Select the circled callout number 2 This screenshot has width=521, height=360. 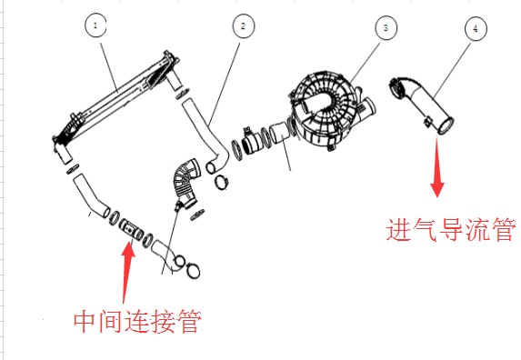pyautogui.click(x=242, y=26)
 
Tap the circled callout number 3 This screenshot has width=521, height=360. pyautogui.click(x=386, y=29)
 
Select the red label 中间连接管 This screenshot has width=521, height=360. pyautogui.click(x=137, y=322)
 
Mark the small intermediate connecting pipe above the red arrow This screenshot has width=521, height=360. pyautogui.click(x=132, y=228)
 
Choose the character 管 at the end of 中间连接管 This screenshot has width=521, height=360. pyautogui.click(x=188, y=322)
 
